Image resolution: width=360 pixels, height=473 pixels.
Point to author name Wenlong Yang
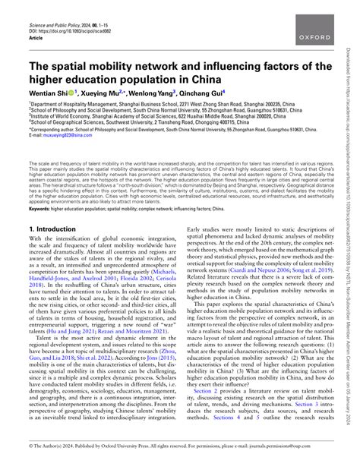pos(172,99)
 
